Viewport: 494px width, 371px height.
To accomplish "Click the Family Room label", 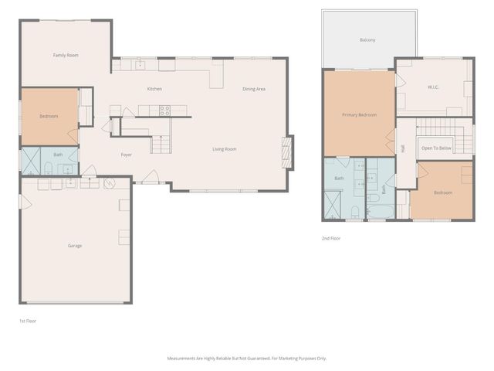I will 66,56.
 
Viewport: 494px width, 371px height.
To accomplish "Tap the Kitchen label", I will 154,90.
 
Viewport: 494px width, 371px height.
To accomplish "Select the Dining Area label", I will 254,90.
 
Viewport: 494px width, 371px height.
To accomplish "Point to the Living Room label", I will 225,149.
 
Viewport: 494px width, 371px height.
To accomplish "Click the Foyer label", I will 127,155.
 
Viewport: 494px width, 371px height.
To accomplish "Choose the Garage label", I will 75,246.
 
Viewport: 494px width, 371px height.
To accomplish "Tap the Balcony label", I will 367,40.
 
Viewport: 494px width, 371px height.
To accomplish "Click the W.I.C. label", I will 433,87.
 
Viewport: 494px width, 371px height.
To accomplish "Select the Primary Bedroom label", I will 360,115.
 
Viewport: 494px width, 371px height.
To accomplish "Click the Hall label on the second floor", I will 403,148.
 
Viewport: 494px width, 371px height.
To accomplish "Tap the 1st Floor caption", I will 28,321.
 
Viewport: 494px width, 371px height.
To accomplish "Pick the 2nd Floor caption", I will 331,239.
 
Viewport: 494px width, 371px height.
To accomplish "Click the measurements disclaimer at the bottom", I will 247,358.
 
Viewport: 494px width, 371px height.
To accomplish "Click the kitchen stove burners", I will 164,110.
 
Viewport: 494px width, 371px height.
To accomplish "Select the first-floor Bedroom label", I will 49,117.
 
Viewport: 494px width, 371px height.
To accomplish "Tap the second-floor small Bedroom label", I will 443,192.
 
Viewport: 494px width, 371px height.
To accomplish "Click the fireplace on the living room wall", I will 289,152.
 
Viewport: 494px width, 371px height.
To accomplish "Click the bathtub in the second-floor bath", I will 381,211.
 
